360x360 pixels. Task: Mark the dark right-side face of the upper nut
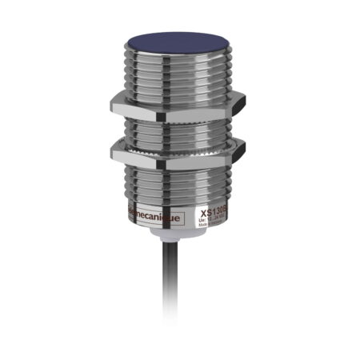point(232,107)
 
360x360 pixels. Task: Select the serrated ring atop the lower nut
point(176,142)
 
